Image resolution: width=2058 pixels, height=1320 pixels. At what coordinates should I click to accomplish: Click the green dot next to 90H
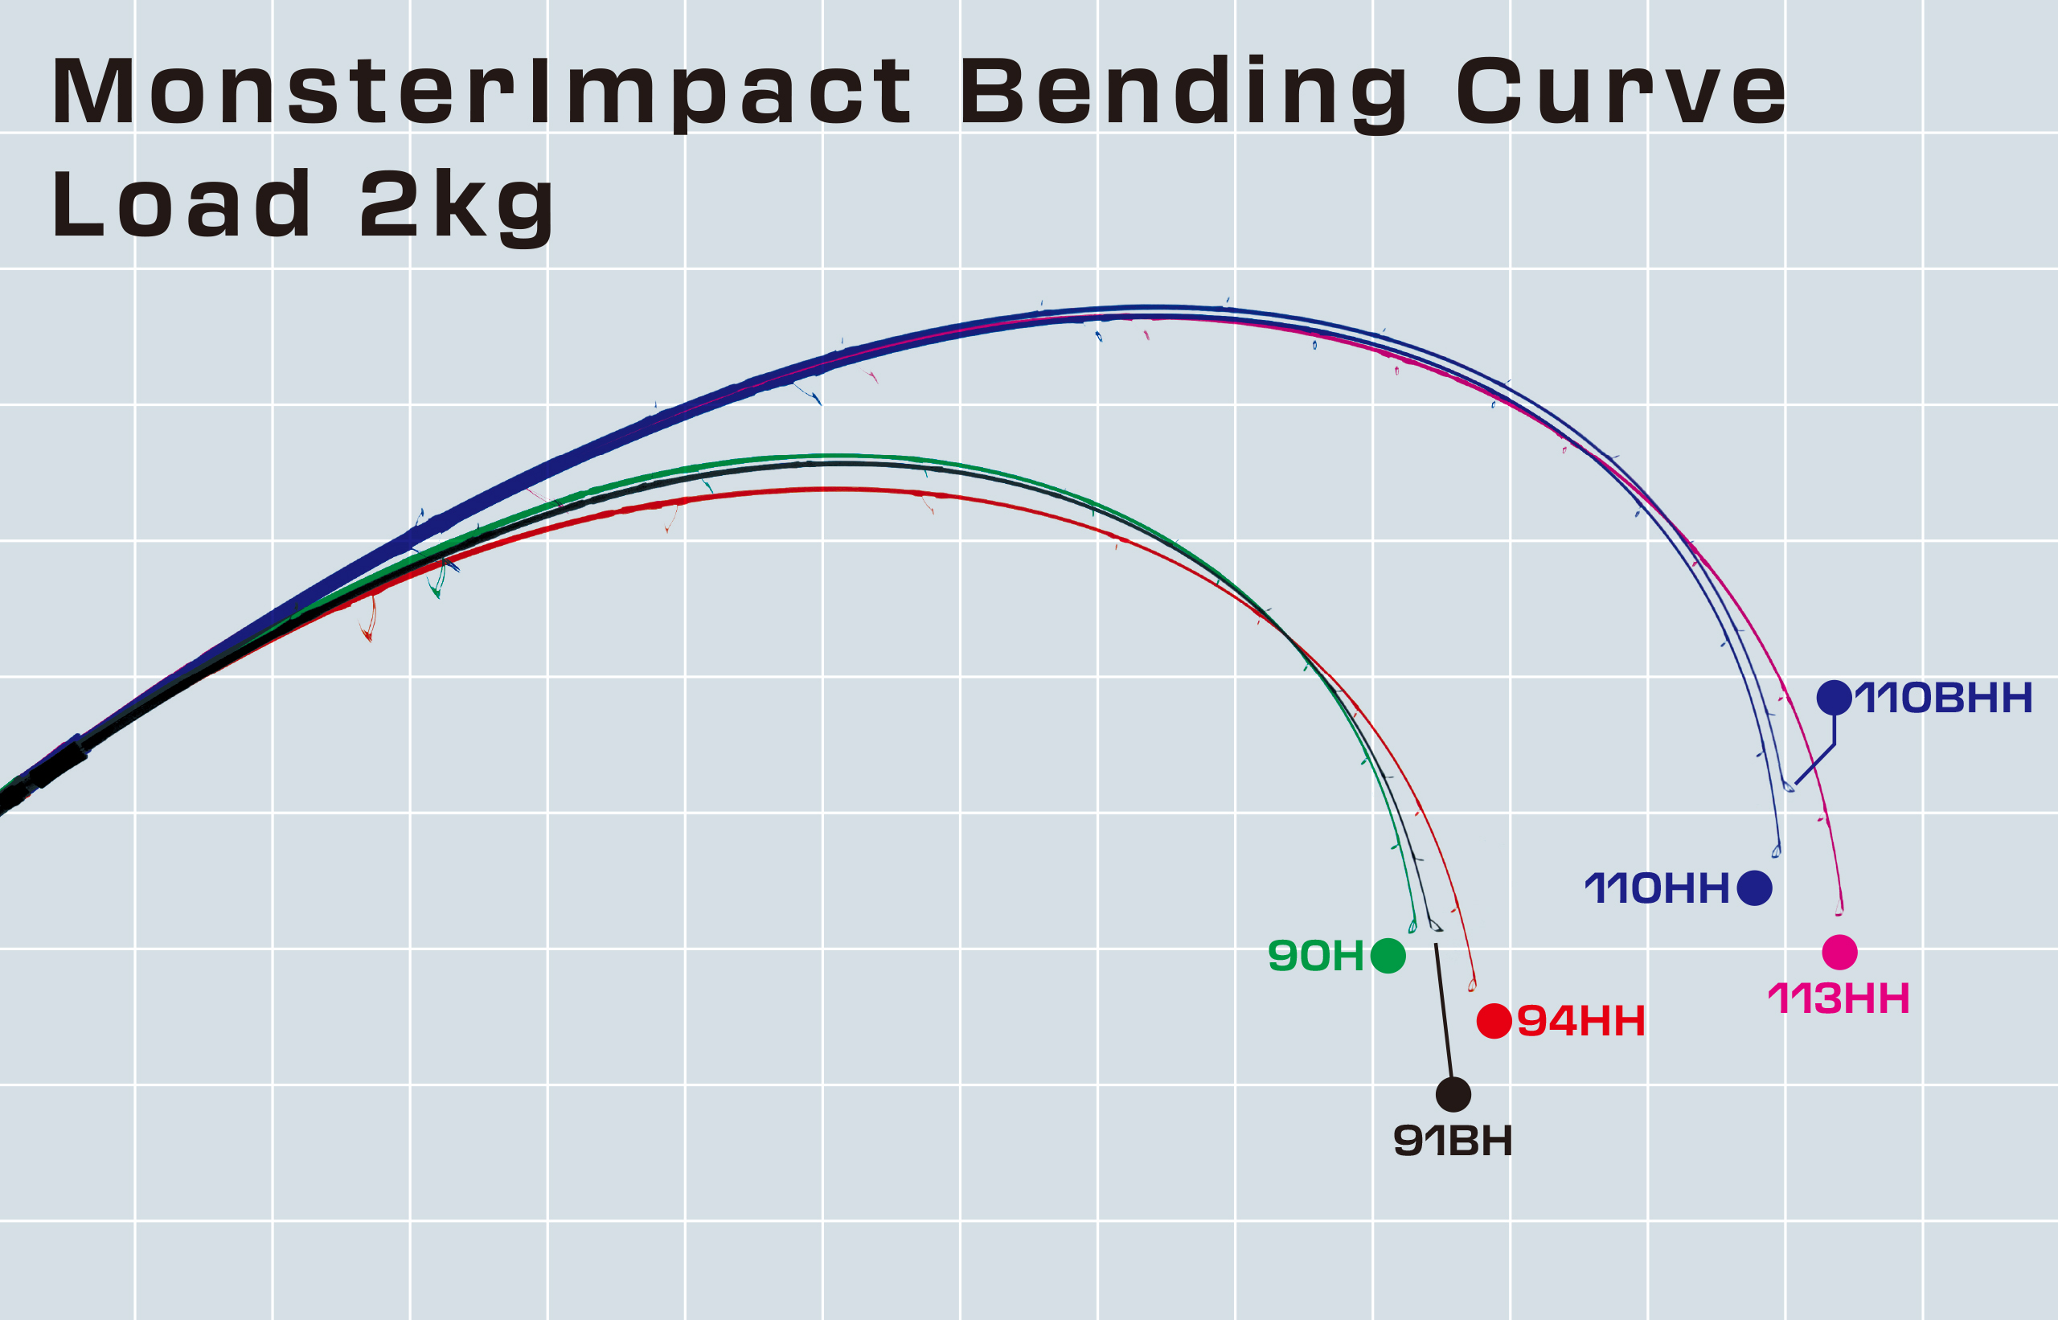pyautogui.click(x=1388, y=955)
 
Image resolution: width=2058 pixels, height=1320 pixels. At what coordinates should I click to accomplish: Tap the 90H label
pyautogui.click(x=1316, y=956)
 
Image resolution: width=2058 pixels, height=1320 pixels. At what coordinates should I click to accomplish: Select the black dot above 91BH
pyautogui.click(x=1453, y=1095)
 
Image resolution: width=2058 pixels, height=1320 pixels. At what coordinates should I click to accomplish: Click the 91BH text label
pyautogui.click(x=1453, y=1141)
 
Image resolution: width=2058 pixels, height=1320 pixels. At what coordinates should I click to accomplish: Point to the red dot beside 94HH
pyautogui.click(x=1494, y=1021)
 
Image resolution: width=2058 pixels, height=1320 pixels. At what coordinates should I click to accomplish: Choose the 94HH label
pyautogui.click(x=1581, y=1021)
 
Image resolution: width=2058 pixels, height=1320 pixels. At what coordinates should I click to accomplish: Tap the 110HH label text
pyautogui.click(x=1656, y=889)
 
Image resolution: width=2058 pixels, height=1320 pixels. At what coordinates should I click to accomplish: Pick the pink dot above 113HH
pyautogui.click(x=1839, y=953)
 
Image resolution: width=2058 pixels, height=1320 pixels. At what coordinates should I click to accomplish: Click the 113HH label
pyautogui.click(x=1839, y=998)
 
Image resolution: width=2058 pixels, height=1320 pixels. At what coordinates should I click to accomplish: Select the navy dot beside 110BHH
pyautogui.click(x=1835, y=698)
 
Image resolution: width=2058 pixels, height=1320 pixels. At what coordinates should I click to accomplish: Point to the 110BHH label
pyautogui.click(x=1944, y=698)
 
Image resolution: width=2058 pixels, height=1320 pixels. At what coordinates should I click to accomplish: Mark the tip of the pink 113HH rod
pyautogui.click(x=1839, y=913)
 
